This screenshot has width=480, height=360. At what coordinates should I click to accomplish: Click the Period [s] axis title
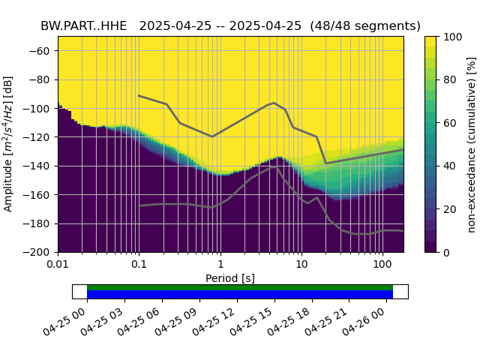[230, 278]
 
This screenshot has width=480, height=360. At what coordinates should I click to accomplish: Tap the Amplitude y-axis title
[8, 143]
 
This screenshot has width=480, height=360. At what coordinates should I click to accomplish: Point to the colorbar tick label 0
[445, 252]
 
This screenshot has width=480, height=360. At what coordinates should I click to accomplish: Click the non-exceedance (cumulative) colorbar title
[472, 143]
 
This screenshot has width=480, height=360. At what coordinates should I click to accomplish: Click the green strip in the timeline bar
[240, 287]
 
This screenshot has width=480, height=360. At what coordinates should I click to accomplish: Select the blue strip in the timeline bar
[240, 294]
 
